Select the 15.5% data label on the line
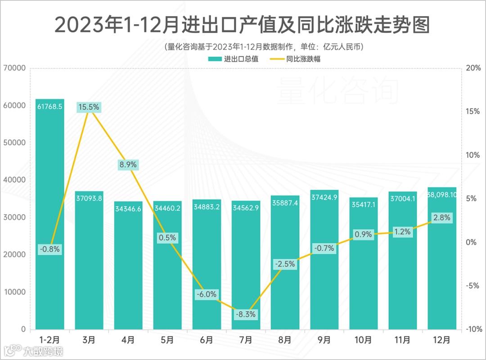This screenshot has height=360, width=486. pyautogui.click(x=89, y=108)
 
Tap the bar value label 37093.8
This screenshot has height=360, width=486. pyautogui.click(x=89, y=198)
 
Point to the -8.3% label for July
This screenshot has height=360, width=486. pyautogui.click(x=246, y=315)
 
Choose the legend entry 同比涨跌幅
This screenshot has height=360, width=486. pyautogui.click(x=297, y=58)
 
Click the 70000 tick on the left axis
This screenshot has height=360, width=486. pyautogui.click(x=15, y=68)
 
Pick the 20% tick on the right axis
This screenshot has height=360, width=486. pyautogui.click(x=473, y=68)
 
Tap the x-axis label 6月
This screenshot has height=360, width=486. pyautogui.click(x=207, y=339)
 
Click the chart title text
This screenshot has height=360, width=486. pyautogui.click(x=242, y=25)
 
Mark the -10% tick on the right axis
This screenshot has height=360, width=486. pyautogui.click(x=472, y=329)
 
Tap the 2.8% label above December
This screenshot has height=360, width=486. pyautogui.click(x=441, y=218)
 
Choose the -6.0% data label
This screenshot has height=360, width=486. pyautogui.click(x=207, y=294)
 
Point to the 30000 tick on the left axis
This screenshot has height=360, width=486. pyautogui.click(x=15, y=217)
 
